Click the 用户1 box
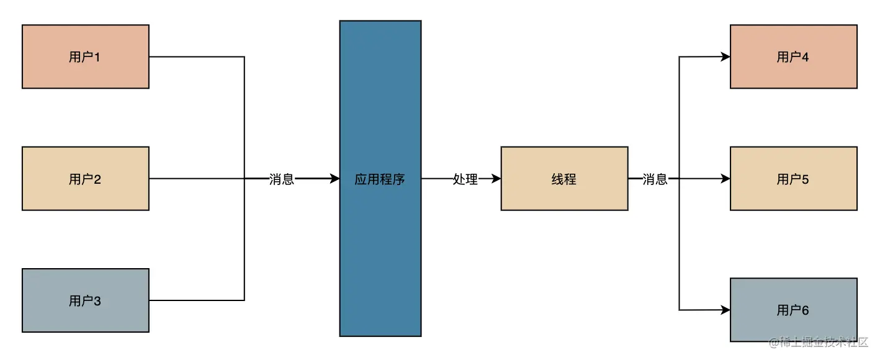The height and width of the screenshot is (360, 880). tap(86, 56)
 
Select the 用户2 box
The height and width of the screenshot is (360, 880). tap(86, 179)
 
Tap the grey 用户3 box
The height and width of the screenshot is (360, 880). tap(86, 300)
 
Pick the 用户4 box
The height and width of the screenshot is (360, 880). tap(793, 56)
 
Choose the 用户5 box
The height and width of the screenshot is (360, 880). tap(793, 179)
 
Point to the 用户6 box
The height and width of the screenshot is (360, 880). tap(793, 310)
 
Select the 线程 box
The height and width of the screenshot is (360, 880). tap(564, 179)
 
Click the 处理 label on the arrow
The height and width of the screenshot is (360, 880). tap(465, 179)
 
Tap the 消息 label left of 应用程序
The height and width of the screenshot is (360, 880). tap(282, 179)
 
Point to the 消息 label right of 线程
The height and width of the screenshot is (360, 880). tap(655, 179)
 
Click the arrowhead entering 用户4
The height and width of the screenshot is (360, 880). tap(725, 57)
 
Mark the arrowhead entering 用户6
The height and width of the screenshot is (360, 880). tap(725, 310)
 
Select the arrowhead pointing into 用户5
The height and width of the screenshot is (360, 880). tap(725, 179)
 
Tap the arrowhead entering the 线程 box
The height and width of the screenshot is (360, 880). tap(496, 179)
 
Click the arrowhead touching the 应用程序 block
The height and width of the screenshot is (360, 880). tap(334, 179)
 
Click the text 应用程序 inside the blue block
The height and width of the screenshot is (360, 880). tap(380, 179)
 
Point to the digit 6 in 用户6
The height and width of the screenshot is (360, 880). tap(806, 310)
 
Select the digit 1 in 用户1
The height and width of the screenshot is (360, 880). tap(97, 57)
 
